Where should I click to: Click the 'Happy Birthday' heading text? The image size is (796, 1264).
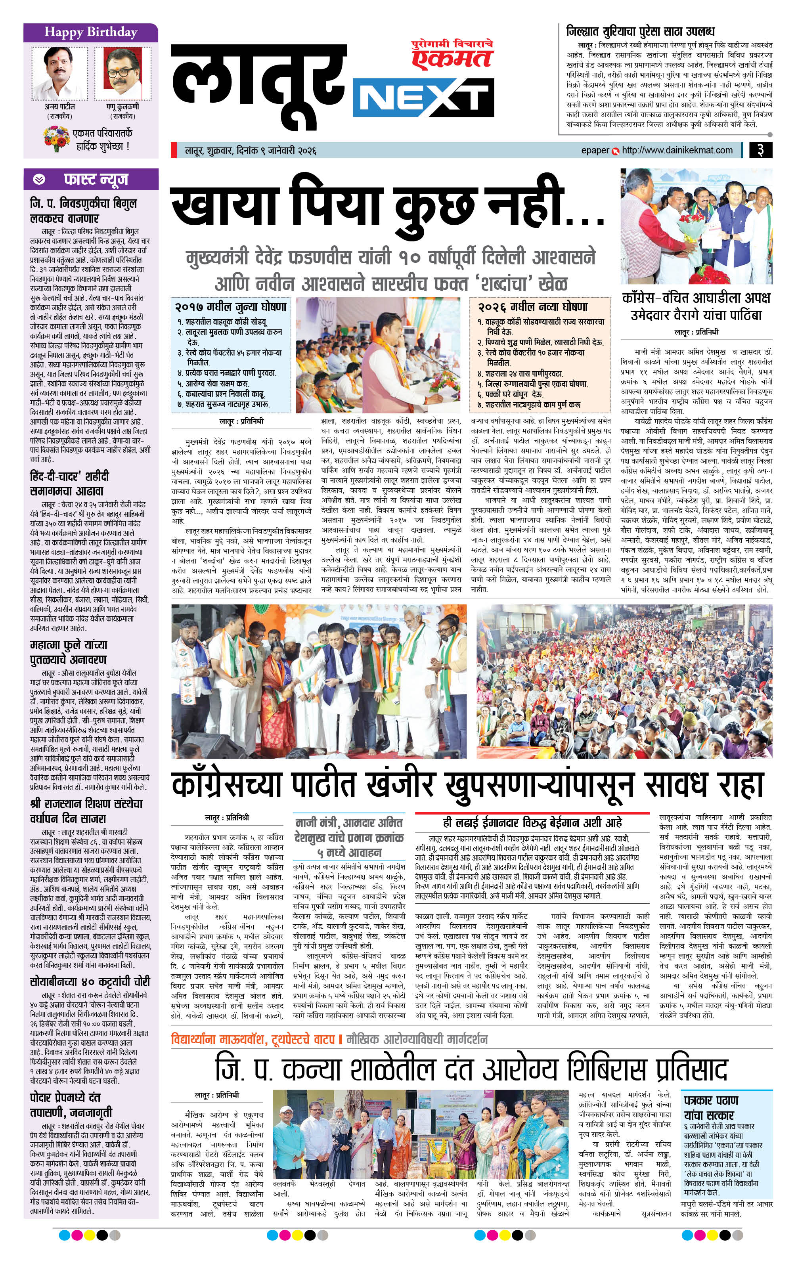tap(90, 33)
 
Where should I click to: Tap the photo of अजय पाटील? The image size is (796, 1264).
tap(59, 73)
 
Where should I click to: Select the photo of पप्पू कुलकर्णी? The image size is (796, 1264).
tap(123, 73)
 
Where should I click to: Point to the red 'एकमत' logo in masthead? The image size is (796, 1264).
tap(452, 57)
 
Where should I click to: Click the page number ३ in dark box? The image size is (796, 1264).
tap(760, 150)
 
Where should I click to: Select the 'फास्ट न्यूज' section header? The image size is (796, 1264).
tap(96, 180)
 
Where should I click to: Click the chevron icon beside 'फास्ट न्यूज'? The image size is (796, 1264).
tap(39, 180)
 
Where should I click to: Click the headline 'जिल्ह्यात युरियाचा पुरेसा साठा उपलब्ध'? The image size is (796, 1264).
tap(640, 31)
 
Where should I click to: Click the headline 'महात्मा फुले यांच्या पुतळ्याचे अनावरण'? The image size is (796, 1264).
tap(68, 652)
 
